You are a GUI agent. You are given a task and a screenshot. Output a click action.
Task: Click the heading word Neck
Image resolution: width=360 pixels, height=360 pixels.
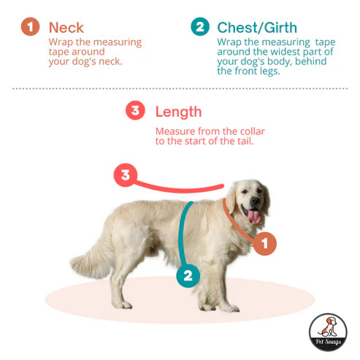point(66,28)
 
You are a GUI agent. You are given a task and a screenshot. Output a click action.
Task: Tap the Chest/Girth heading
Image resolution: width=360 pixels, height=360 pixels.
point(257,28)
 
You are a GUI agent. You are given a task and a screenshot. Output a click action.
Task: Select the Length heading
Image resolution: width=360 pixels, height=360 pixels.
point(178,112)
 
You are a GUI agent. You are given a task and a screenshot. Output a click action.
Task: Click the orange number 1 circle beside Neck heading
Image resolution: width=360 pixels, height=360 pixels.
point(30,26)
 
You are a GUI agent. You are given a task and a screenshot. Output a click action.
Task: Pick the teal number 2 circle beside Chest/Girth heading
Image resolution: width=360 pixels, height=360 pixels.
point(200,26)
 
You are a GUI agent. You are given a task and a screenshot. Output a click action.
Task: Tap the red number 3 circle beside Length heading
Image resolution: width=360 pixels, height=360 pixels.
point(135,110)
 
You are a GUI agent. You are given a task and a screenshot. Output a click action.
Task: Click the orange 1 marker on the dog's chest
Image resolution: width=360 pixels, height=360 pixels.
point(264,243)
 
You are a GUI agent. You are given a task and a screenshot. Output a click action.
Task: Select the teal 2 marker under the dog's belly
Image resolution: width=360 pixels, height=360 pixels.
point(188,276)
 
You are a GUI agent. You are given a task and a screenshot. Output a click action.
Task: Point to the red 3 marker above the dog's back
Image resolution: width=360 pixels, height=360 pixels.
point(126,175)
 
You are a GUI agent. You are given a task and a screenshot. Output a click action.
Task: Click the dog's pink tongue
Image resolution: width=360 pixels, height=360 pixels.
point(254,217)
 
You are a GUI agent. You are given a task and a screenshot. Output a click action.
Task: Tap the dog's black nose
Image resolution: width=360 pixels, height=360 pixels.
point(256,201)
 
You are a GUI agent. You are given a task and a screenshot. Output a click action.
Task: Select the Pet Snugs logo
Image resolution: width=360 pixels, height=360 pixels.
point(328,332)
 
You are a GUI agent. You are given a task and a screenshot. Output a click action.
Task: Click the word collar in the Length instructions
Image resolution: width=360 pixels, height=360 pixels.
point(253,131)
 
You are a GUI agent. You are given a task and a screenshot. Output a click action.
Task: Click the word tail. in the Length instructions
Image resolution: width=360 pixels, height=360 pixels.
point(245,141)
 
